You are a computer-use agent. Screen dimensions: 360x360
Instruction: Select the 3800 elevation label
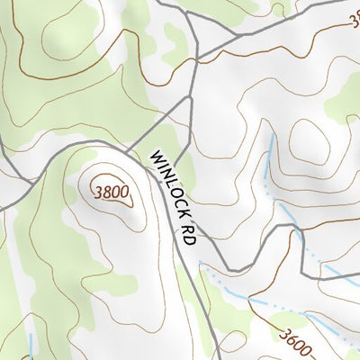tap(109, 191)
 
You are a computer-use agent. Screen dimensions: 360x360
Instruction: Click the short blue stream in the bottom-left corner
tap(31, 346)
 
